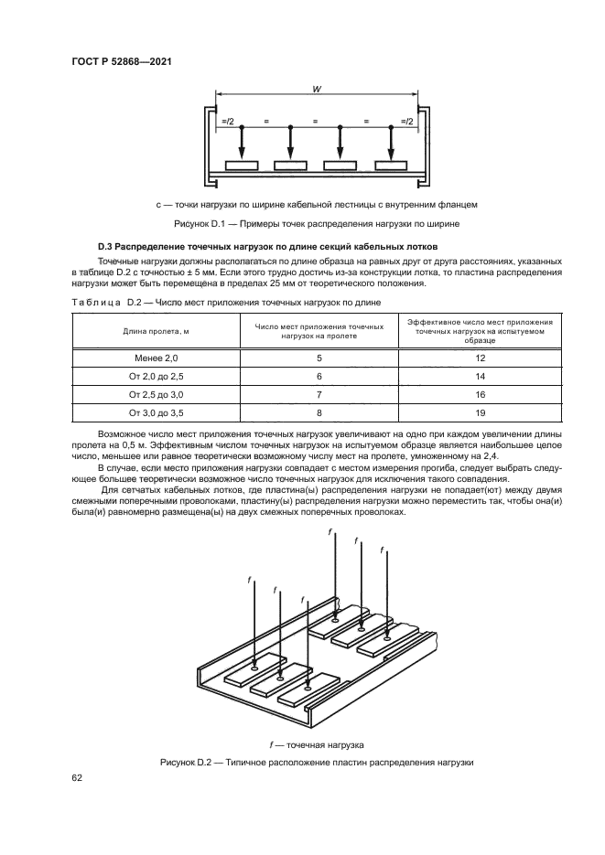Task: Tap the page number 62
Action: point(78,778)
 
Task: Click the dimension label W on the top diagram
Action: point(315,90)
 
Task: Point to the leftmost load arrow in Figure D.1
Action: point(242,142)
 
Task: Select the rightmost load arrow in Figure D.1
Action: point(391,142)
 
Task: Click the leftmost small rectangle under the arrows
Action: point(242,166)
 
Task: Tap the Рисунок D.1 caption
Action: point(315,223)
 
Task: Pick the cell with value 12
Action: point(480,359)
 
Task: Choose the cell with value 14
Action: point(480,376)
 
